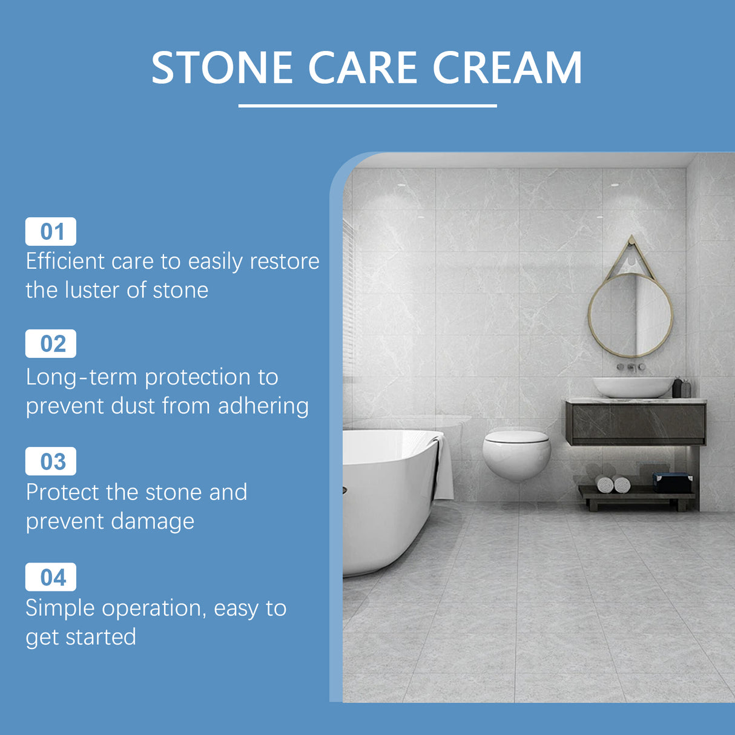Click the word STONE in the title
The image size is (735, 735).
(x=222, y=67)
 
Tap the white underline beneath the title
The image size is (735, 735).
(x=367, y=106)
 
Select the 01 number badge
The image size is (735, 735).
(x=51, y=231)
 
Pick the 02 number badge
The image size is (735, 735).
(x=51, y=344)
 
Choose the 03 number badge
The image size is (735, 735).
(x=51, y=461)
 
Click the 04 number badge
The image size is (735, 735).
(x=51, y=577)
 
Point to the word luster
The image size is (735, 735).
(x=92, y=290)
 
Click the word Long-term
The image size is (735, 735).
(x=82, y=377)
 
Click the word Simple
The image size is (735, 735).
(x=61, y=608)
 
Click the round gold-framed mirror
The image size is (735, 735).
(x=630, y=315)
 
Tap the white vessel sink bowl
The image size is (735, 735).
(x=632, y=387)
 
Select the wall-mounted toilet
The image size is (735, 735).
(x=516, y=455)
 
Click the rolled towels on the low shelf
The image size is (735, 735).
(x=613, y=484)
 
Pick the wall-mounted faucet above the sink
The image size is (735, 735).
(x=631, y=367)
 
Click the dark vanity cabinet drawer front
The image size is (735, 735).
(x=636, y=422)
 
